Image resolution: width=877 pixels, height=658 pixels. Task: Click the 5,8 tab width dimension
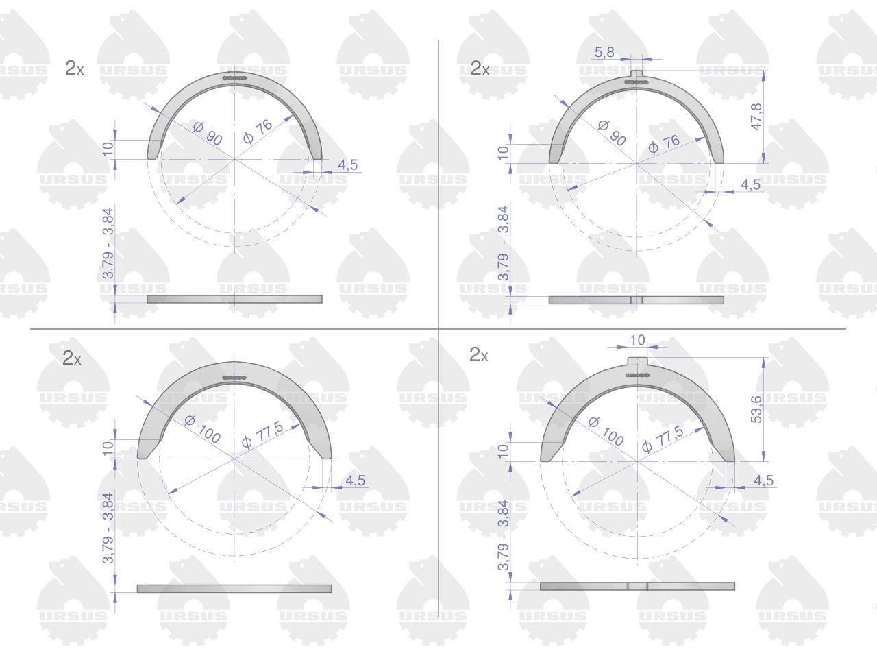point(604,52)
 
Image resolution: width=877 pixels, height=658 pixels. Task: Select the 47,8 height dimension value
point(756,117)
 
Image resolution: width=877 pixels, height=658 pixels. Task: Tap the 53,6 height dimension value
point(756,409)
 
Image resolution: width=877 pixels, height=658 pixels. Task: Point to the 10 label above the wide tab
point(637,340)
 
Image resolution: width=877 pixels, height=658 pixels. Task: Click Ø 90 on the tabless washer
point(208,134)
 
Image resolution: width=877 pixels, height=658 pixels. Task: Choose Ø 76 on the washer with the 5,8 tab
point(664,144)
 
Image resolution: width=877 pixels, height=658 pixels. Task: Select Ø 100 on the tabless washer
point(203,428)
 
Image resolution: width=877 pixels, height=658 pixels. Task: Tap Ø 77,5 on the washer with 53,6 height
point(663,439)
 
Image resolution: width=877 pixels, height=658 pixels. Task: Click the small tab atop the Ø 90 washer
point(637,75)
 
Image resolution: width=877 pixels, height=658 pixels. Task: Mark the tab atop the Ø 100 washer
point(637,362)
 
